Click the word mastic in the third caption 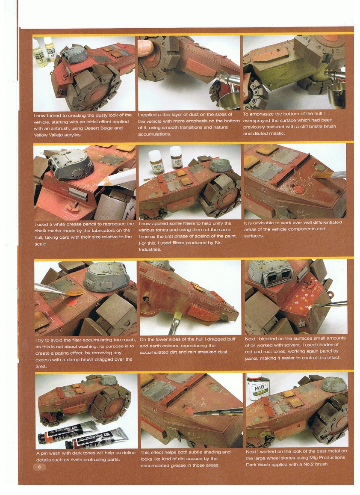(278, 133)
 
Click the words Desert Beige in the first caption (100, 128)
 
